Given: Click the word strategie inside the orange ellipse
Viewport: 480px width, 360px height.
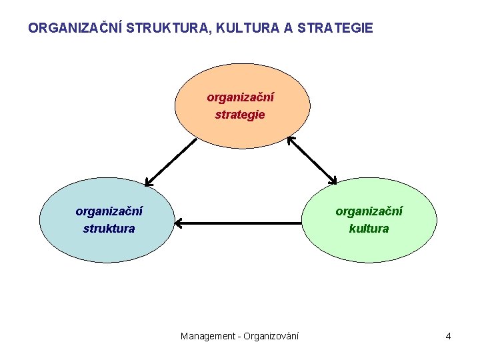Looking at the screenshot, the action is tap(240, 115).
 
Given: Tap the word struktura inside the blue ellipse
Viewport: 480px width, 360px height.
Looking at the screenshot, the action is tap(109, 229).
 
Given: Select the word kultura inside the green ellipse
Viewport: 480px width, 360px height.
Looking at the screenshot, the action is tap(369, 229).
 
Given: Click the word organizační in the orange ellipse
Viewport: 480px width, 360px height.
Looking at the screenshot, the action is tap(240, 97).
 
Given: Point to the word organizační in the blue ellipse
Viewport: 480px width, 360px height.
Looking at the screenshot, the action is tap(109, 211).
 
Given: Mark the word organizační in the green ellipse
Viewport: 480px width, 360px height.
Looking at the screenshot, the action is tap(369, 211).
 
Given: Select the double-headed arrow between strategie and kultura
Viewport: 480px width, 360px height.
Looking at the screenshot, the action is tap(312, 160).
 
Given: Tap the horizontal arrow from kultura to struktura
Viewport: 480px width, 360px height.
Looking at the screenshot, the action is tap(240, 223).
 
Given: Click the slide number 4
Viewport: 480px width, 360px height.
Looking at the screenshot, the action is tap(449, 336).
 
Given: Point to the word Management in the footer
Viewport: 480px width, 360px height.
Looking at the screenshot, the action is tap(207, 336).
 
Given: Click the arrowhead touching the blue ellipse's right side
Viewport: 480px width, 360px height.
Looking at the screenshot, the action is tap(179, 223).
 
